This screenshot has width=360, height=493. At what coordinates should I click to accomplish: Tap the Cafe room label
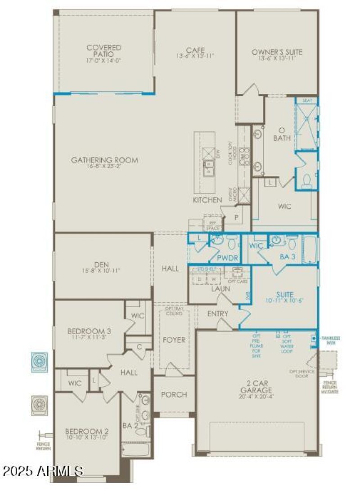195,50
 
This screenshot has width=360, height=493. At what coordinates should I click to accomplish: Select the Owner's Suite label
277,52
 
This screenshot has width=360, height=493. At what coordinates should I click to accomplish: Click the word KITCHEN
207,200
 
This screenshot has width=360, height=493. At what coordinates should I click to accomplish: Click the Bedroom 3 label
89,332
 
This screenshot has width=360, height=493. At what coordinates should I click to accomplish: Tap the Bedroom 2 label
86,430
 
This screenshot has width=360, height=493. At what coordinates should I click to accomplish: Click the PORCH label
174,394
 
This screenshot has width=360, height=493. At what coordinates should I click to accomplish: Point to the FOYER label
174,340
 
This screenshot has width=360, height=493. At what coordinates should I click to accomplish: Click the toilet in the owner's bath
307,180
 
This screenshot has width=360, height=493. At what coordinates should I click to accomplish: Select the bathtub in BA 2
135,449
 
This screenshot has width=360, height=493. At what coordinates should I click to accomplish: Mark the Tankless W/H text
331,340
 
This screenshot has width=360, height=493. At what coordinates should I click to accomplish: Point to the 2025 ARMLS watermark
43,471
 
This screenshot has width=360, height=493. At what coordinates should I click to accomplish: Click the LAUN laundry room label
220,288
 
